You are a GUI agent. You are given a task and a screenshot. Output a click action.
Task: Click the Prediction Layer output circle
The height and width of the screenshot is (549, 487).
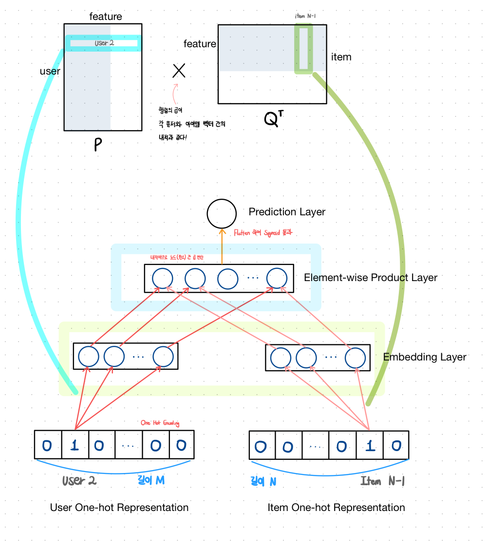[x=222, y=213]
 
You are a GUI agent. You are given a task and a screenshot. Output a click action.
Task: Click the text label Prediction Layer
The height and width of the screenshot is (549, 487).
[x=287, y=212]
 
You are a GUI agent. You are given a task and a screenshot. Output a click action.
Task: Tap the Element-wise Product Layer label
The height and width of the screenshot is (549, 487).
[x=370, y=278]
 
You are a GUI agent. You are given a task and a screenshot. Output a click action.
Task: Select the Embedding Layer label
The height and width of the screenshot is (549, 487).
[x=424, y=357]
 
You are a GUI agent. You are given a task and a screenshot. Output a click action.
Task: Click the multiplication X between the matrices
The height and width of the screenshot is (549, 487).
[x=179, y=72]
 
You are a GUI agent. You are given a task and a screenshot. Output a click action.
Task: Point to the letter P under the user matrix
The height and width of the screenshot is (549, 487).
[x=98, y=145]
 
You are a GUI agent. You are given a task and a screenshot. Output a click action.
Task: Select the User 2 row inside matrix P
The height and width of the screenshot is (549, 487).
[x=103, y=43]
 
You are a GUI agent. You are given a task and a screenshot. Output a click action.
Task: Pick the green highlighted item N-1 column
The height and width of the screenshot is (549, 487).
[x=303, y=48]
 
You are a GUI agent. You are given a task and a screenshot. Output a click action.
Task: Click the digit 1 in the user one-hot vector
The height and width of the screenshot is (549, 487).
[x=75, y=445]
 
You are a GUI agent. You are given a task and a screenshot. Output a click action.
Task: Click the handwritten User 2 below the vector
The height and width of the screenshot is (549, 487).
[x=79, y=481]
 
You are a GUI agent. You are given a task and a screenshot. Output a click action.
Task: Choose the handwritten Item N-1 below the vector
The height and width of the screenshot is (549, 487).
[x=382, y=481]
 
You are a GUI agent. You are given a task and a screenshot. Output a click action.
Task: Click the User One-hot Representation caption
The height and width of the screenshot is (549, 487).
[x=119, y=508]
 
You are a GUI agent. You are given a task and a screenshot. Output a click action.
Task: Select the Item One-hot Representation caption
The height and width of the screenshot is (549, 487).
[x=336, y=508]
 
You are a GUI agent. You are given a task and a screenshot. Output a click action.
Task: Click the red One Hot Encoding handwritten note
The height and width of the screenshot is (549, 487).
[x=160, y=423]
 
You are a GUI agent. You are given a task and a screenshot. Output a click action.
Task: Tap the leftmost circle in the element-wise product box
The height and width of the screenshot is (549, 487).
[x=163, y=279]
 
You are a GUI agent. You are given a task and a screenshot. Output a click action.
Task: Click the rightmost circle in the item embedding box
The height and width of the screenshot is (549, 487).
[x=355, y=358]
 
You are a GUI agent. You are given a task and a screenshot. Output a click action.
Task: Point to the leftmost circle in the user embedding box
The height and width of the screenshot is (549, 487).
[x=89, y=357]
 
